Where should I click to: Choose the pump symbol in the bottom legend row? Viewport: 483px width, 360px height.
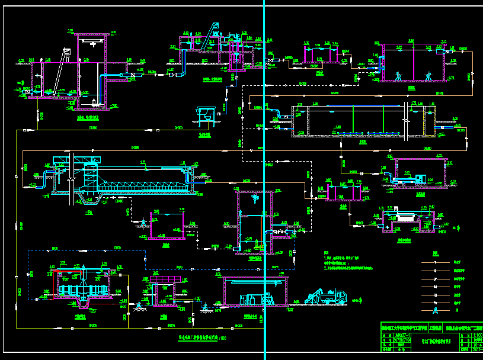click(436, 310)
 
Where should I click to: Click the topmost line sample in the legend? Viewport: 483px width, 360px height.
click(436, 261)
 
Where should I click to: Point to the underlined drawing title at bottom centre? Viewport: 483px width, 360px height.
click(201, 338)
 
